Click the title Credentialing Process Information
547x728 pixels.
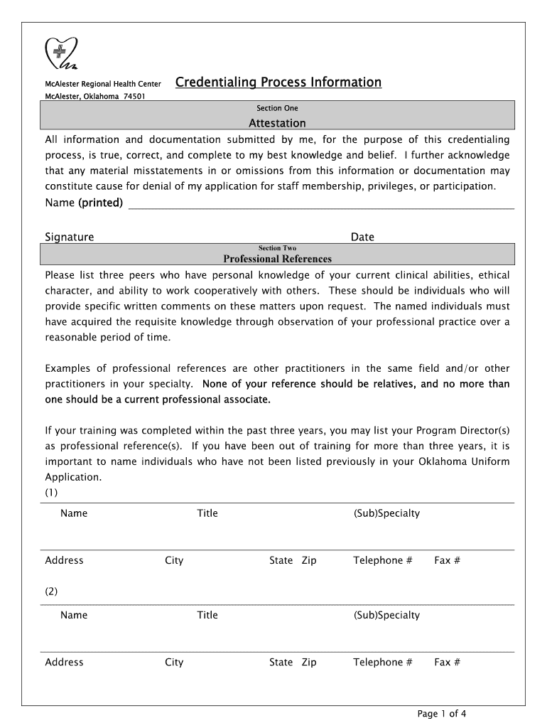(278, 82)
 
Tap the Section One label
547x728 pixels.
(277, 108)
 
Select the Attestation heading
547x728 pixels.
(277, 123)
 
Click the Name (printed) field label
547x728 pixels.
(84, 203)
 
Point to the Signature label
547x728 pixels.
(70, 237)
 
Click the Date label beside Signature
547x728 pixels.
(362, 237)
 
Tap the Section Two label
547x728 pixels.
(277, 248)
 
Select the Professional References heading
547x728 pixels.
(277, 259)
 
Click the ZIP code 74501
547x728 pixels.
(134, 97)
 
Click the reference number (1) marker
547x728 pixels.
(51, 492)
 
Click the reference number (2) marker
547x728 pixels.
(51, 591)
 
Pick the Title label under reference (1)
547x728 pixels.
(207, 513)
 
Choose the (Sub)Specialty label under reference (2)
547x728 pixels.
(386, 615)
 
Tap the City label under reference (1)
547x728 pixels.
(174, 560)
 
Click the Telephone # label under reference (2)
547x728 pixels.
(382, 662)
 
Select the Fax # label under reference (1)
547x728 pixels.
(447, 560)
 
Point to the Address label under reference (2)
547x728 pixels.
(64, 662)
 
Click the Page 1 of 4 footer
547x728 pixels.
(442, 714)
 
